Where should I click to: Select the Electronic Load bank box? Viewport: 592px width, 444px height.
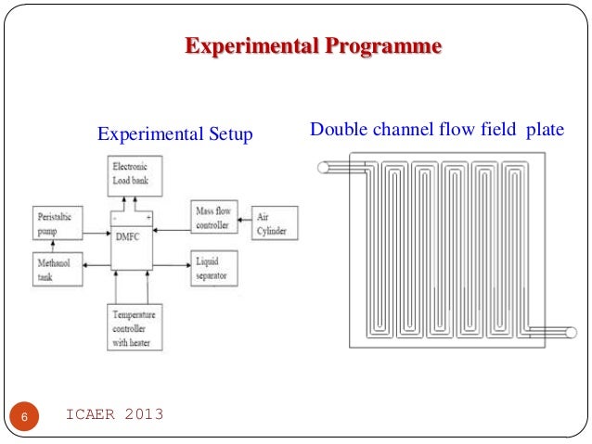[x=134, y=175]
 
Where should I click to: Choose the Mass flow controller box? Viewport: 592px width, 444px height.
[x=213, y=219]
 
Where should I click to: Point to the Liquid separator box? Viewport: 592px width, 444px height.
[x=212, y=269]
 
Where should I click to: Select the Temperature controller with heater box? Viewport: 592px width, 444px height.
[x=135, y=327]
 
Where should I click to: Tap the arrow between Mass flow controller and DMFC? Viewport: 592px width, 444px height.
[x=172, y=221]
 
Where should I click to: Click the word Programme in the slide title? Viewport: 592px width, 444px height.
[x=381, y=46]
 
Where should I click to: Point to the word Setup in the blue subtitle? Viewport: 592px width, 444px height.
[x=231, y=134]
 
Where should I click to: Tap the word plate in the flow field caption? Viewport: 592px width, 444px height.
[x=545, y=129]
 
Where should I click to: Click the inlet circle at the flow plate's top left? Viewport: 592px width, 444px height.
[x=324, y=168]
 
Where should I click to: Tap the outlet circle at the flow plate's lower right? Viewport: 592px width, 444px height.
[x=571, y=332]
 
